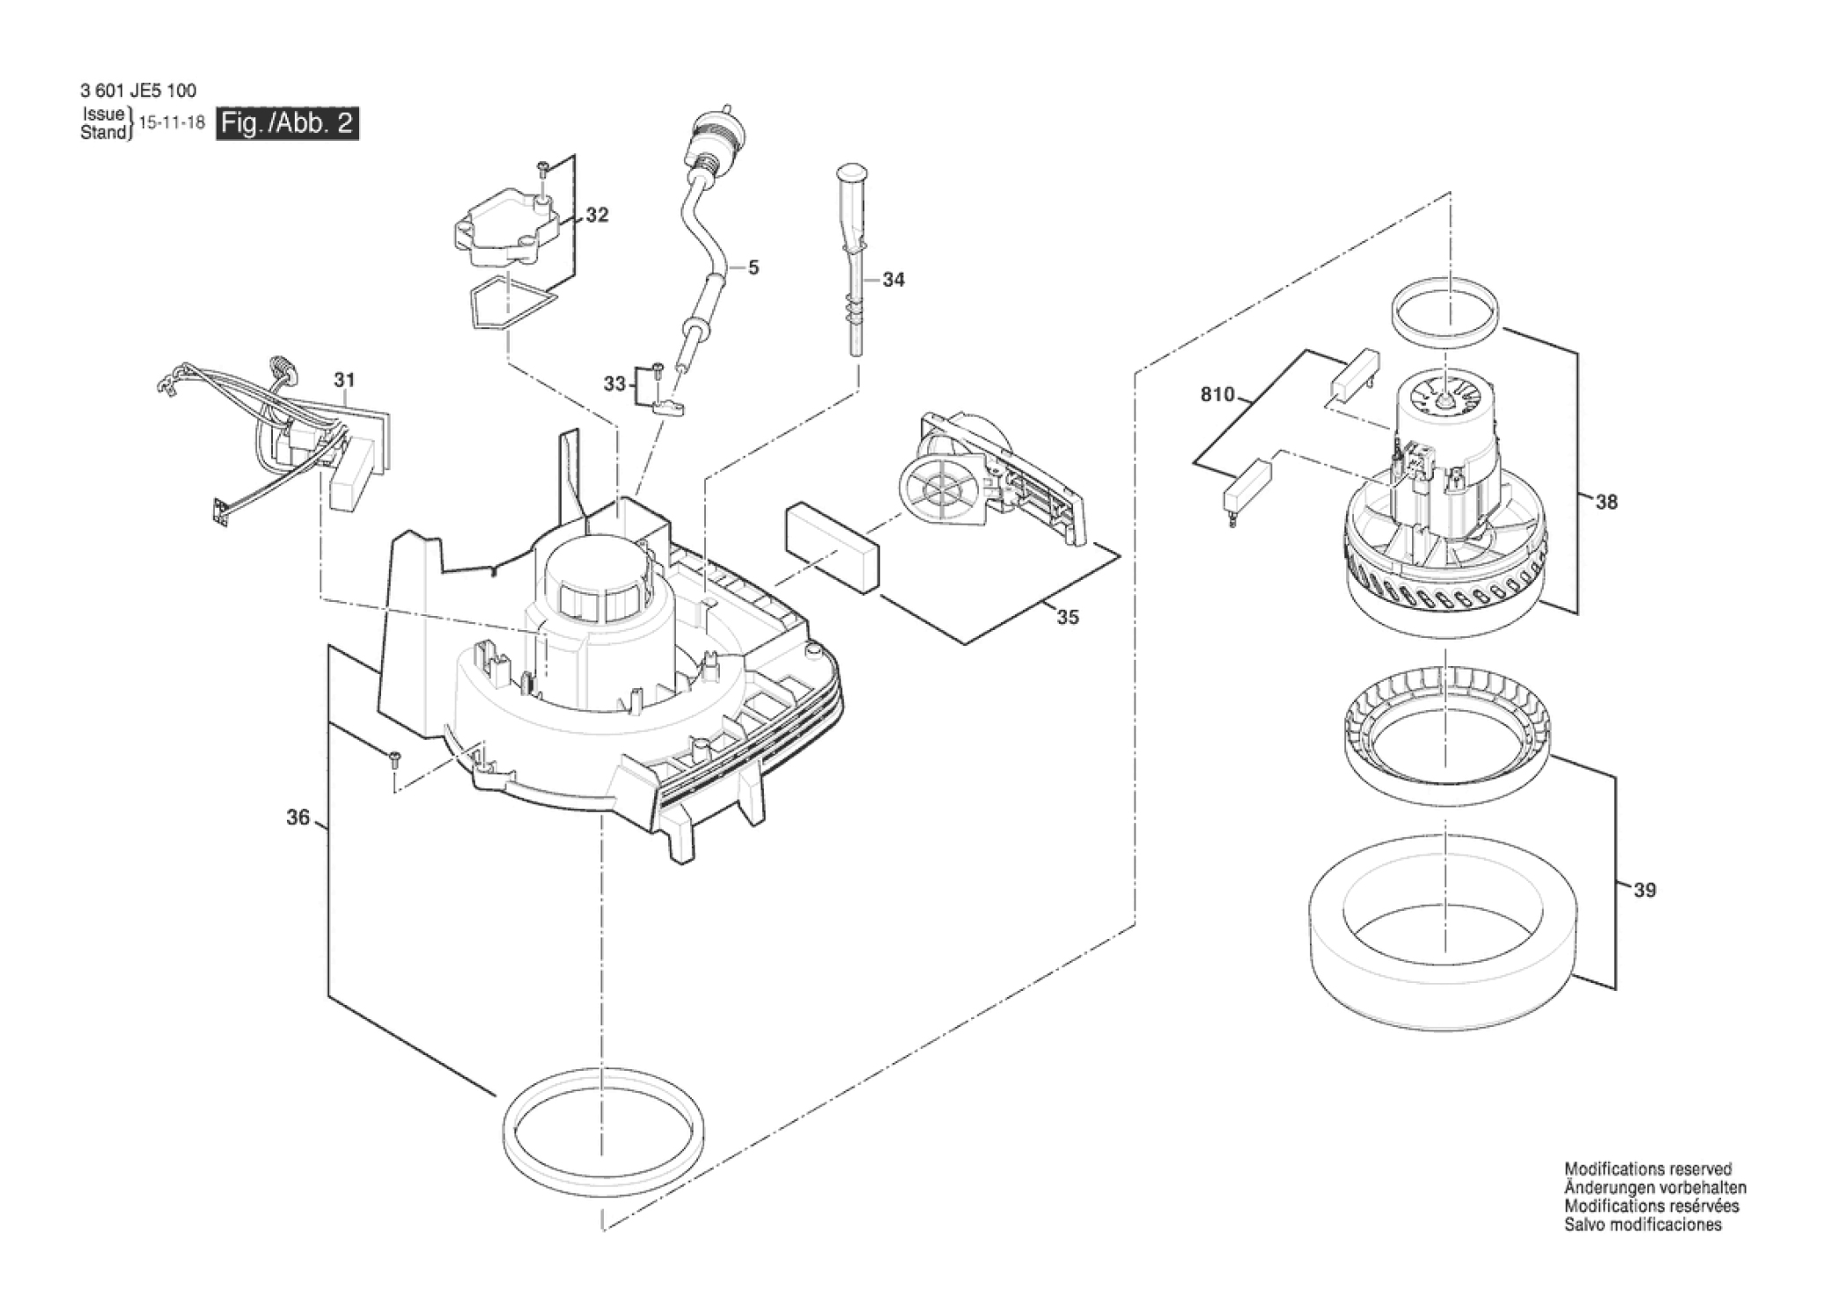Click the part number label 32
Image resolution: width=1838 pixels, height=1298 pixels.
tap(597, 216)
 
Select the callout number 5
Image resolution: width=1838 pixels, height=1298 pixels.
tap(754, 267)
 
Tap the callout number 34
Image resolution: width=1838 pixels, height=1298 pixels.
tap(893, 280)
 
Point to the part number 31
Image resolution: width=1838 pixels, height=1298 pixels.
tap(344, 380)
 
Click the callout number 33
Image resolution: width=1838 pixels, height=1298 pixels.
tap(614, 384)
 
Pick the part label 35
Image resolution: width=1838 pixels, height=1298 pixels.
tap(1067, 618)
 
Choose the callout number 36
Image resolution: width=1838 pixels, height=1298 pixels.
tap(298, 818)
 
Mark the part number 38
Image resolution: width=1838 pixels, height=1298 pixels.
tap(1606, 502)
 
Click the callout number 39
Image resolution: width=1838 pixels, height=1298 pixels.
tap(1644, 891)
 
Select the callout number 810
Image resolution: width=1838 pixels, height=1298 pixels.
tap(1217, 395)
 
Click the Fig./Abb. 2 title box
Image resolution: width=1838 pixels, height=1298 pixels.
tap(288, 123)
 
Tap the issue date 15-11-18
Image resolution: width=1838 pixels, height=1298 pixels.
tap(173, 123)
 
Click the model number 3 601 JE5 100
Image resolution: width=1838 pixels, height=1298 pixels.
tap(138, 91)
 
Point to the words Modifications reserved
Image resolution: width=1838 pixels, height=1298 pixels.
tap(1648, 1169)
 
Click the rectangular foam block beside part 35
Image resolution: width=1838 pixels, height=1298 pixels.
tap(831, 546)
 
